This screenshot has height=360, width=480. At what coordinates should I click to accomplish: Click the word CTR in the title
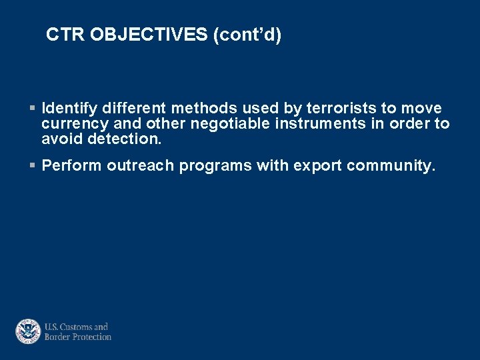tap(65, 35)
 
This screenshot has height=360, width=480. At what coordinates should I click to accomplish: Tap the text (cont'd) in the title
tap(247, 35)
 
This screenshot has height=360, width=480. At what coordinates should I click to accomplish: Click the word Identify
tap(69, 109)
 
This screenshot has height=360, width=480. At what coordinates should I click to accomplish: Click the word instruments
tap(319, 124)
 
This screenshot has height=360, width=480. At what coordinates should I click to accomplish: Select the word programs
tap(215, 166)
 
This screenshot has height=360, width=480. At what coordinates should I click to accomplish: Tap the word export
tap(315, 166)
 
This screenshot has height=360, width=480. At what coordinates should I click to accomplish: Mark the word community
tap(391, 166)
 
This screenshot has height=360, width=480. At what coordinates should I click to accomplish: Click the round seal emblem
tap(28, 331)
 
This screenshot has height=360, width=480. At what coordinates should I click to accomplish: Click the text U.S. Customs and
tap(76, 327)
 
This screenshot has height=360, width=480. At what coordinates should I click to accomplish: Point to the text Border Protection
tap(77, 337)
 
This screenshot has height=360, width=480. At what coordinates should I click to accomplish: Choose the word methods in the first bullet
tap(201, 109)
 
